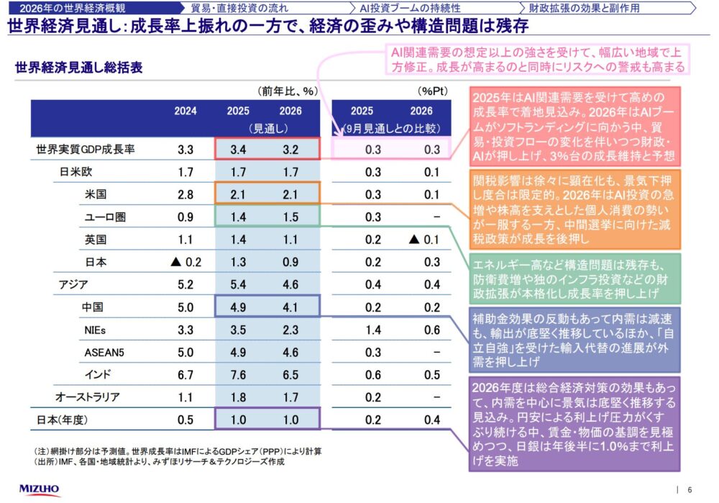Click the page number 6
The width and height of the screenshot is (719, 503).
[690, 489]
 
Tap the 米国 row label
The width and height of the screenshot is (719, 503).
[96, 195]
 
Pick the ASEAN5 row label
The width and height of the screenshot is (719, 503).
[105, 353]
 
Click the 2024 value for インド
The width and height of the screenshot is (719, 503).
[185, 375]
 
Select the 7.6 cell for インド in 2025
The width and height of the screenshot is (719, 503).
[239, 375]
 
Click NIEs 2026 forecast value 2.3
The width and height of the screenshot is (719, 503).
[290, 330]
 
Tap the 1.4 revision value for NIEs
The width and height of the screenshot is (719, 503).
[372, 330]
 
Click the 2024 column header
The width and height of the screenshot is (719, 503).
[185, 112]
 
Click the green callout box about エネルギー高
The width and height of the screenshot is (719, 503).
[575, 276]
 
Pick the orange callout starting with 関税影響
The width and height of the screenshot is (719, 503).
[575, 207]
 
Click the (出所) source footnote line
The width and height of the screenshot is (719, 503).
[159, 462]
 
